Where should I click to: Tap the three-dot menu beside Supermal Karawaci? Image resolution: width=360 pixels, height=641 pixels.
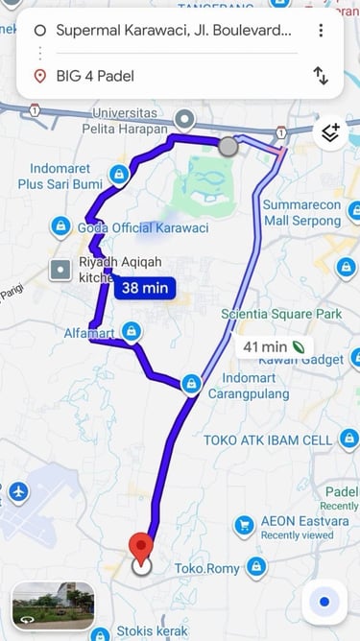[321, 30]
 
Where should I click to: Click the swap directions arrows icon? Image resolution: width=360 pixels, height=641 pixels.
[321, 76]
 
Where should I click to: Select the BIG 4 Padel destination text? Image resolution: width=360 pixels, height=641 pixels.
[94, 76]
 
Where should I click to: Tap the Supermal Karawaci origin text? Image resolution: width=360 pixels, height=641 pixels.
[174, 31]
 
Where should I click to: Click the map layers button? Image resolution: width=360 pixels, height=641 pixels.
[330, 133]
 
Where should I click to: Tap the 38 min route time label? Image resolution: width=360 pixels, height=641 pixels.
[145, 286]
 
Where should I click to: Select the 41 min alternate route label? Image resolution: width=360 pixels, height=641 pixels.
[272, 346]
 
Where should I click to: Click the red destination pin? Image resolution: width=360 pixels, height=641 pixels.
[141, 550]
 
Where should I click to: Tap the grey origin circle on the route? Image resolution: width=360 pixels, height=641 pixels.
[228, 147]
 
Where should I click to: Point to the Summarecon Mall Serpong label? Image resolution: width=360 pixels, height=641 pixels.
[301, 213]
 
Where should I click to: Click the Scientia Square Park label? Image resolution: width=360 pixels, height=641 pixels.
[281, 314]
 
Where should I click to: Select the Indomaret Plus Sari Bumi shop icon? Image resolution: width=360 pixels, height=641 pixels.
[119, 174]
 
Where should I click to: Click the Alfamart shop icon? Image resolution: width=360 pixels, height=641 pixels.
[132, 331]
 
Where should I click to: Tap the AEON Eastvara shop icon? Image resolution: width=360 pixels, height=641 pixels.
[244, 526]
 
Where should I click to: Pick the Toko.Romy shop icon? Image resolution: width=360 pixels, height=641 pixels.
[254, 567]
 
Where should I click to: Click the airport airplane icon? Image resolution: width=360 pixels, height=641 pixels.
[17, 492]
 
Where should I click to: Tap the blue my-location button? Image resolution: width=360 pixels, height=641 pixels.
[324, 602]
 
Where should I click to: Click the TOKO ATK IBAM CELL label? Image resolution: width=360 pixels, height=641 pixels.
[268, 439]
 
